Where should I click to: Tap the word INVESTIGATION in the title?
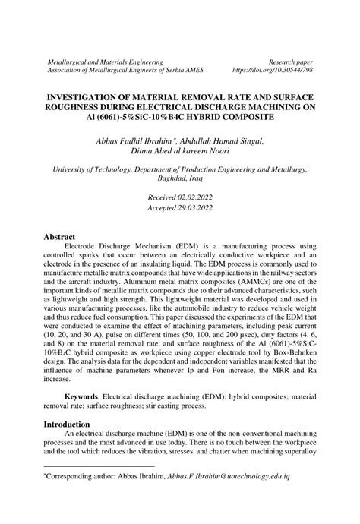90,98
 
